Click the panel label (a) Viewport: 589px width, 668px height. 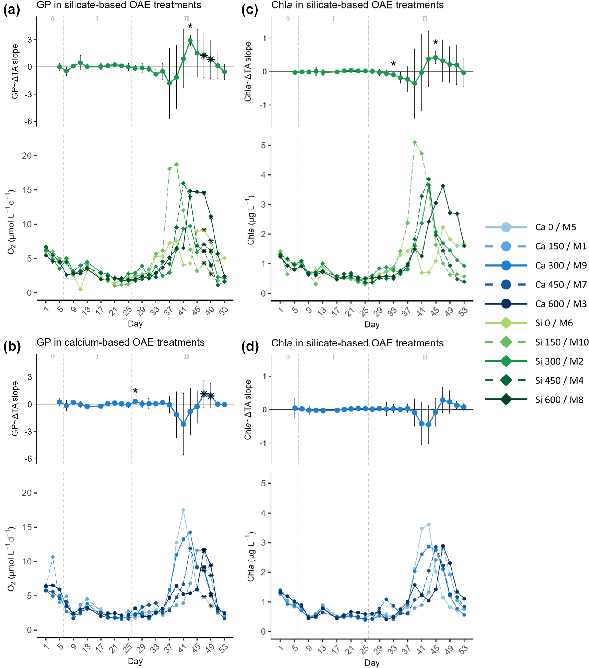(x=12, y=10)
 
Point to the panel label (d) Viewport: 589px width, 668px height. (x=250, y=346)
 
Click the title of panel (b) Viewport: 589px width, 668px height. (x=121, y=342)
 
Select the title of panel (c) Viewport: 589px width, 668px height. (x=357, y=5)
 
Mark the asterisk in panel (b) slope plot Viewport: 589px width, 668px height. (x=135, y=391)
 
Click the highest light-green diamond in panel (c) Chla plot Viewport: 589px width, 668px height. (x=415, y=143)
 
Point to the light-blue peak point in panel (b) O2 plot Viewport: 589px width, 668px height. (x=183, y=510)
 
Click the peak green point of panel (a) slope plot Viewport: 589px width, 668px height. (x=190, y=41)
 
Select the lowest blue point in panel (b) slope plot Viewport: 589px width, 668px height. (x=183, y=424)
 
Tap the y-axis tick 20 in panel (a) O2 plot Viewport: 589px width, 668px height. (x=27, y=156)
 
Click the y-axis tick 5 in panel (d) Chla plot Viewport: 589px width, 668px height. (x=263, y=483)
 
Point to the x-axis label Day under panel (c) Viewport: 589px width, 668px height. (x=372, y=325)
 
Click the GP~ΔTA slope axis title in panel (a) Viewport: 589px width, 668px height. (x=15, y=71)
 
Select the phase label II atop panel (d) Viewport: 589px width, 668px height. (x=425, y=357)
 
